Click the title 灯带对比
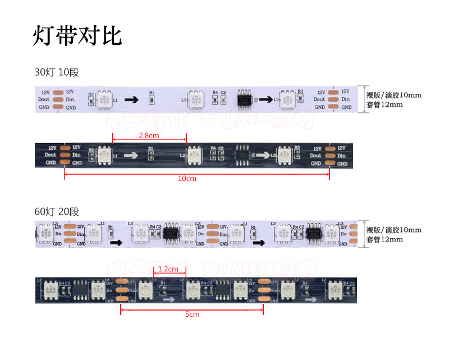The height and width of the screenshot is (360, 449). point(77,35)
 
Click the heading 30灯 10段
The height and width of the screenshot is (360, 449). point(57,72)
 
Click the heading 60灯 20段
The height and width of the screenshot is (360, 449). point(57,212)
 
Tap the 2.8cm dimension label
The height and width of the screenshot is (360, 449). point(148,135)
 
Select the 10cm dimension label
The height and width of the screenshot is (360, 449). point(187,179)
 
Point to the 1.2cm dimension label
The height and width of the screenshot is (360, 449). point(168,268)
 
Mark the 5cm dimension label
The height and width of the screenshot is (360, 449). point(192,315)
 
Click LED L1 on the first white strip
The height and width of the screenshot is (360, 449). point(104,100)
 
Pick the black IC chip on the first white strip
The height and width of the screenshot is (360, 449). point(245,99)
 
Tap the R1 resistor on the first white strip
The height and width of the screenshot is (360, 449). point(151,100)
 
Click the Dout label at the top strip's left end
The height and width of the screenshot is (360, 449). point(44,99)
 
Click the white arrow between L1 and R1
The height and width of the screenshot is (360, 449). point(131,156)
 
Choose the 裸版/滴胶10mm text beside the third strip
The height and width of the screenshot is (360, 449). point(393,230)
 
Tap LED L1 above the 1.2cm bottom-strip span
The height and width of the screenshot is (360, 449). point(146,290)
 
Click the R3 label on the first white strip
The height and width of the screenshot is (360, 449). point(300,92)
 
